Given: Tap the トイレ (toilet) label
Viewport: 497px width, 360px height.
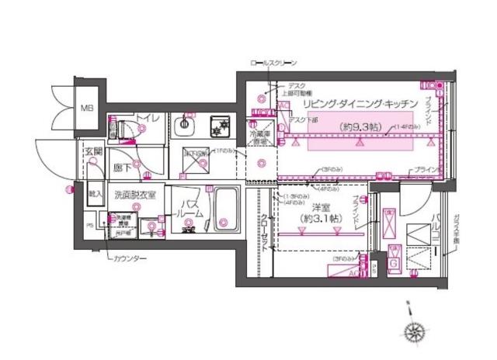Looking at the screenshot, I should coord(148,118).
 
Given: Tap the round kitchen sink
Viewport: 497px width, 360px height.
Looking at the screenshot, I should coord(187,123).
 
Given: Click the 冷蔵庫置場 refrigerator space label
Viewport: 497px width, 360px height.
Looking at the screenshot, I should coord(259,137).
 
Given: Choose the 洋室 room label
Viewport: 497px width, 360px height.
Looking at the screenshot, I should coord(320,208).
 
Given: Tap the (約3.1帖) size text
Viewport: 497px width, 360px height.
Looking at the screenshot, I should coord(320,220).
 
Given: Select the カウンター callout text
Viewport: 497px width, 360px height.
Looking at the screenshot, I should coord(127,258).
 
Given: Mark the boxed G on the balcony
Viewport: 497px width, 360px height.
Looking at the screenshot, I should coord(393,263).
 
